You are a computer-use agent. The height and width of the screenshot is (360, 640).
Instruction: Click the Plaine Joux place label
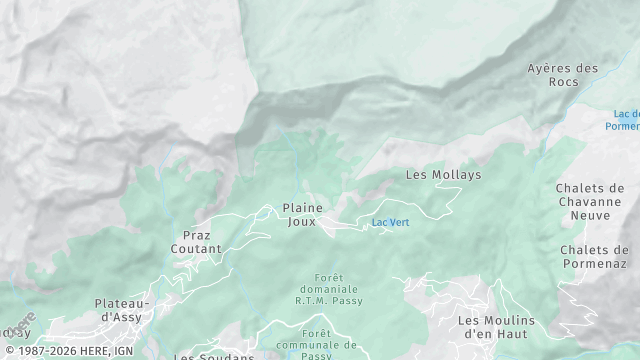(302, 214)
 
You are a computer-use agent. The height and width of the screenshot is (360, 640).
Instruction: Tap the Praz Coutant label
(196, 241)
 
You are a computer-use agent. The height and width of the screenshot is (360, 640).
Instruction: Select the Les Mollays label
(443, 174)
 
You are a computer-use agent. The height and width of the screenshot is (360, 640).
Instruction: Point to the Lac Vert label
(390, 222)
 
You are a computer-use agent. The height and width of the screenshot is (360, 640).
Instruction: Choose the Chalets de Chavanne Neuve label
(592, 201)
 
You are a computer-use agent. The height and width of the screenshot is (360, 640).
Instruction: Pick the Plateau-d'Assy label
(122, 310)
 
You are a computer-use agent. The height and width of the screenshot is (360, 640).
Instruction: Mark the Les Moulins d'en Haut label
(496, 327)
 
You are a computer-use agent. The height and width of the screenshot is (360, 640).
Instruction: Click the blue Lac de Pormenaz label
(626, 120)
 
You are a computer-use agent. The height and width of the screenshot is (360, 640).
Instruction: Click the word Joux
(302, 221)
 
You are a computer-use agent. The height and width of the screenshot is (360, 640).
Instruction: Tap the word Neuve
(592, 214)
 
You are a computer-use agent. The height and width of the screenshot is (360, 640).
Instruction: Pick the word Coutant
(196, 248)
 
